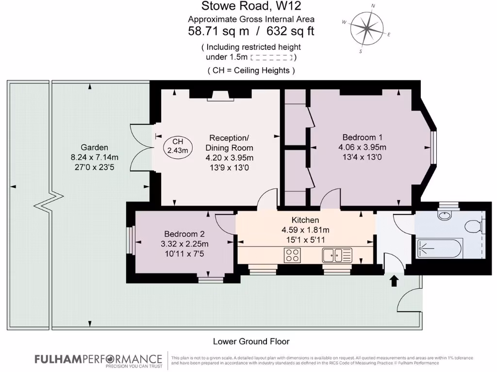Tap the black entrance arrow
tap(394, 280)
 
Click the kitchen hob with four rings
tap(292, 255)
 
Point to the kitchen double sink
tap(337, 254)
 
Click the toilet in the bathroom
tap(474, 226)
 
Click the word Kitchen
tap(305, 220)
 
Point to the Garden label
tap(95, 147)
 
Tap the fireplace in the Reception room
tap(221, 97)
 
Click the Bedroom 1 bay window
tap(433, 147)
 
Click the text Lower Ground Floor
tap(251, 341)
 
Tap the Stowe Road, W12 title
tap(251, 6)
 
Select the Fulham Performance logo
tap(98, 360)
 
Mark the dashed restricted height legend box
tap(273, 57)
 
